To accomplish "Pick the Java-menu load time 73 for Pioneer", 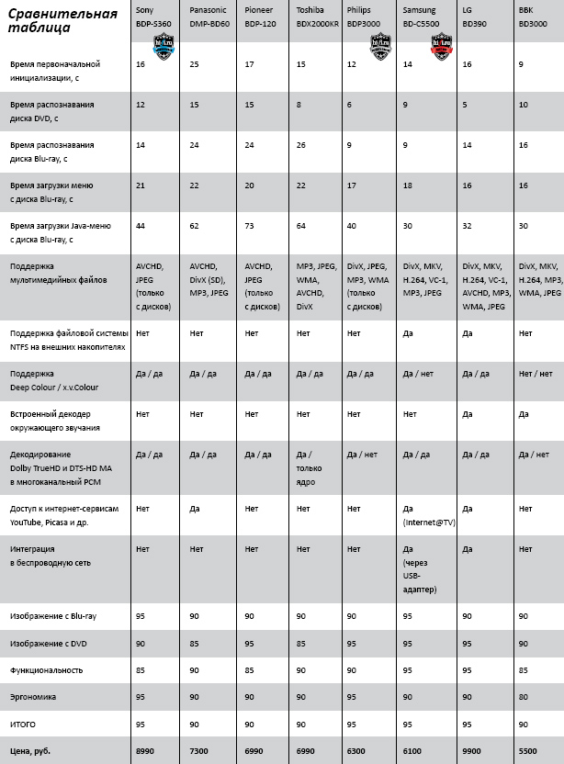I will [x=250, y=226].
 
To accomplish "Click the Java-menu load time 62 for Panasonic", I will [x=195, y=226].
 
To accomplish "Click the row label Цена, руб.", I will [x=30, y=750].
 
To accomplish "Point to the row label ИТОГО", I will [x=24, y=723].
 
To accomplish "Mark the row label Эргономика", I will [x=33, y=696].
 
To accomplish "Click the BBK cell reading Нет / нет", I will [x=535, y=374].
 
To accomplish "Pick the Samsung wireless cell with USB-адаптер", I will [x=421, y=569].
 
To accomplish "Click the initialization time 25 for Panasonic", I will [x=194, y=65].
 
